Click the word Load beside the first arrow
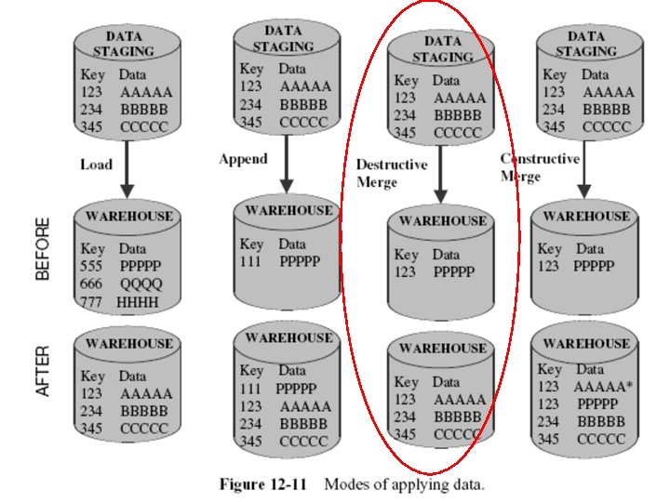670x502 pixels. click(96, 165)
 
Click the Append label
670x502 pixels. click(243, 159)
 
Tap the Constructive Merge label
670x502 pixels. click(540, 166)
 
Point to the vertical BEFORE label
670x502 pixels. click(43, 248)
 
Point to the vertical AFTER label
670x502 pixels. click(43, 372)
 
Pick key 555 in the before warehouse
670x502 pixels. click(92, 266)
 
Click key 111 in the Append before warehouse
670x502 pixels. click(251, 261)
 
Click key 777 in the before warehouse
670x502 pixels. click(91, 302)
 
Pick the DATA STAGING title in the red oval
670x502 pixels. click(443, 49)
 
